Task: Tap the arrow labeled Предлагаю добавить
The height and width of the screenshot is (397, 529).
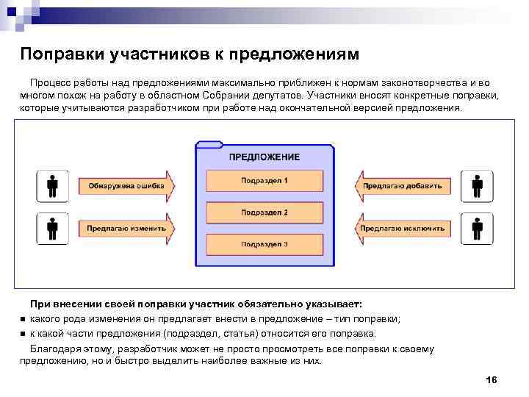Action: coord(403,186)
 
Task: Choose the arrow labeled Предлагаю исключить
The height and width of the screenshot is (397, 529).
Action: coord(403,229)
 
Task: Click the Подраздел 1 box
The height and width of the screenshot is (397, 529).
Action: coord(264,181)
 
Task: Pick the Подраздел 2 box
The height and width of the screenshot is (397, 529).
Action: coord(264,213)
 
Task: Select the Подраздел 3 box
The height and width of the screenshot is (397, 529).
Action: coord(264,244)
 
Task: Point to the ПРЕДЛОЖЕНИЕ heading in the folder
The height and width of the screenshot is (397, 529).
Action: coord(264,157)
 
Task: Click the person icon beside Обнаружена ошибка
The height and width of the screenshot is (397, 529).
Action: coord(53,186)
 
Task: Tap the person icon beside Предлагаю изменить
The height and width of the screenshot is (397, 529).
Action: coord(53,229)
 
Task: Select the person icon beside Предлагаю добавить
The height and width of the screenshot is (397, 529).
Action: coord(477,186)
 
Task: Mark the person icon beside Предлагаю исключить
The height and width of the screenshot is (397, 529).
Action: coord(477,229)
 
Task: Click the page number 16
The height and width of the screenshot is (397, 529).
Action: coord(492,379)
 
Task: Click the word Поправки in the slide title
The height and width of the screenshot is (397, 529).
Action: coord(62,55)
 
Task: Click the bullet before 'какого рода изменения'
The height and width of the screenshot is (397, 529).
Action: coord(24,319)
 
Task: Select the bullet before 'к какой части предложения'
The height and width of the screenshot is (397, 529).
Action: coord(24,333)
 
